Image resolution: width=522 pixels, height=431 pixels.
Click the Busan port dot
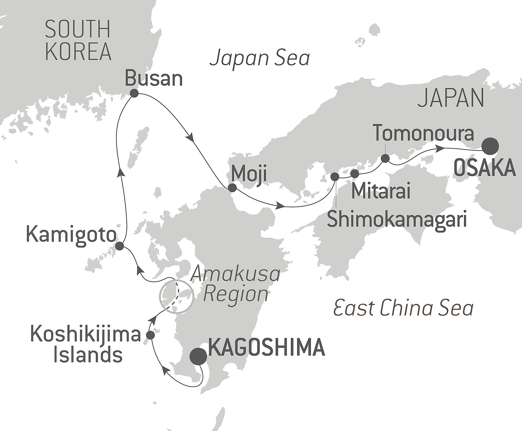134,93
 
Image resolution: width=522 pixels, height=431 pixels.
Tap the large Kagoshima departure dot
198,357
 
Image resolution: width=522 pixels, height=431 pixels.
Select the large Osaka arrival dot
490,146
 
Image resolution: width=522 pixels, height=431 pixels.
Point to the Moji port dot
232,188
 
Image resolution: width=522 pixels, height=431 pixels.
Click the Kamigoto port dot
120,246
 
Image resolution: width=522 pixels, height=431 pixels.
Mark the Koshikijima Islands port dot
150,335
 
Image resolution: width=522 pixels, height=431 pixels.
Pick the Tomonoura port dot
385,158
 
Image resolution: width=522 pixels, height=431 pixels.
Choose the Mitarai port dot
355,174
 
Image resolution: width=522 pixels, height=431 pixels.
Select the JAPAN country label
451,98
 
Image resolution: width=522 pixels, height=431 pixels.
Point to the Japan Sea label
260,58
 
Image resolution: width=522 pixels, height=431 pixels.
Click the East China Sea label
403,309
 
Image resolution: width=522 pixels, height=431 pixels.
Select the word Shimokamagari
397,219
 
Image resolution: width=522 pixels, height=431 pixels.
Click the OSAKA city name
485,168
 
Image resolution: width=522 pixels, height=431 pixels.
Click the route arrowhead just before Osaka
440,148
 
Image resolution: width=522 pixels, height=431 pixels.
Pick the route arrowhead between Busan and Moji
191,138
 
